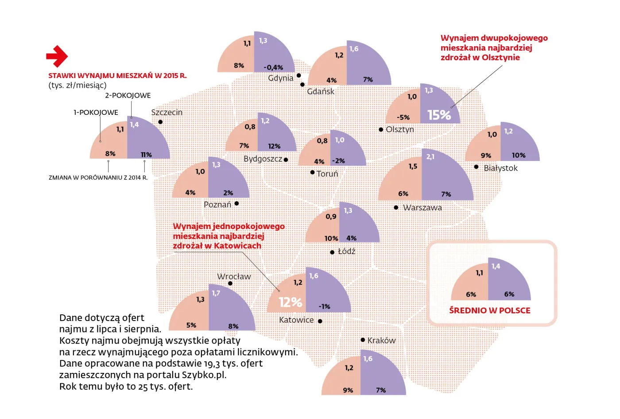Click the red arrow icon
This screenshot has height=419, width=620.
pyautogui.click(x=57, y=56)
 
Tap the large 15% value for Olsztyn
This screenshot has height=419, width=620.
pyautogui.click(x=439, y=115)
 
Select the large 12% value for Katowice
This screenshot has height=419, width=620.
pyautogui.click(x=290, y=302)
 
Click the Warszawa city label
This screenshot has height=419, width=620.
pyautogui.click(x=422, y=208)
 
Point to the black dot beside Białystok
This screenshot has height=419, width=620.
pyautogui.click(x=476, y=167)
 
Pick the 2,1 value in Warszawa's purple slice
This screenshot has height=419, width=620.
pyautogui.click(x=430, y=157)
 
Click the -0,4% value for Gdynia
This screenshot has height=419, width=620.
pyautogui.click(x=273, y=67)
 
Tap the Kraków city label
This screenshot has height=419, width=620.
pyautogui.click(x=381, y=341)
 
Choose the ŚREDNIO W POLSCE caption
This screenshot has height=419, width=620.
pyautogui.click(x=489, y=310)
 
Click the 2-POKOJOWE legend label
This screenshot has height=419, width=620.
pyautogui.click(x=128, y=95)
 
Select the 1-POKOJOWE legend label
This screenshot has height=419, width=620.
pyautogui.click(x=96, y=113)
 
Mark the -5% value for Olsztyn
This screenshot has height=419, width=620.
pyautogui.click(x=403, y=117)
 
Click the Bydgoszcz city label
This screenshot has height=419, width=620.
pyautogui.click(x=263, y=159)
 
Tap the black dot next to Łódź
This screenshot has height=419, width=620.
pyautogui.click(x=332, y=252)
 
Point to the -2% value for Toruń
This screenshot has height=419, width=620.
pyautogui.click(x=338, y=161)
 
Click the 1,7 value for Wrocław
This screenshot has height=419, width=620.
pyautogui.click(x=216, y=293)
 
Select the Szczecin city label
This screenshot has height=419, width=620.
pyautogui.click(x=167, y=113)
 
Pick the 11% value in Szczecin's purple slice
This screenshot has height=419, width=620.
pyautogui.click(x=146, y=155)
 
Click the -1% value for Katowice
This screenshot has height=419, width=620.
pyautogui.click(x=324, y=306)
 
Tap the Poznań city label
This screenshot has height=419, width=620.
pyautogui.click(x=217, y=204)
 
